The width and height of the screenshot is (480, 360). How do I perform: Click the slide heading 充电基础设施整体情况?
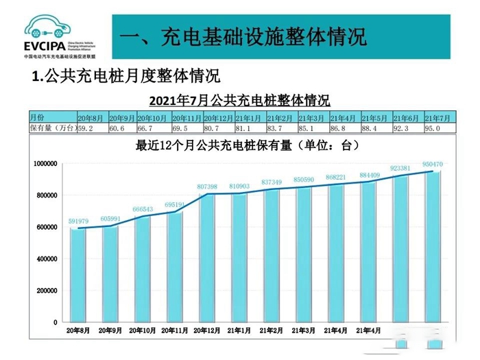click(x=243, y=36)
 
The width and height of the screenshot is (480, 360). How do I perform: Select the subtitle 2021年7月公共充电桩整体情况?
click(x=240, y=101)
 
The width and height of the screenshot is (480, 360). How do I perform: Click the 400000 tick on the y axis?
click(x=48, y=259)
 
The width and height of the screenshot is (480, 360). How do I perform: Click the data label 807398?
click(x=207, y=187)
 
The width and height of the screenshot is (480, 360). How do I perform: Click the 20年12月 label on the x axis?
click(x=207, y=331)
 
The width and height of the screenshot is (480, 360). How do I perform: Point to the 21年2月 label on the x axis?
click(x=272, y=331)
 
